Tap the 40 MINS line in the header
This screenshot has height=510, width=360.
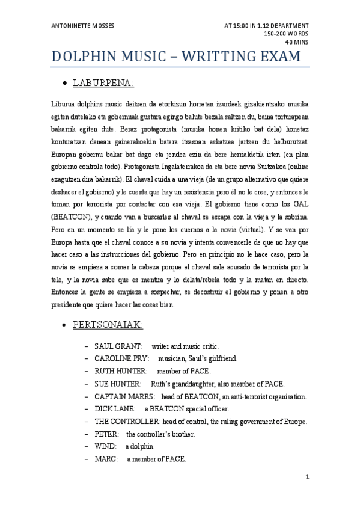297,43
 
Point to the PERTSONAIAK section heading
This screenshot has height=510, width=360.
108,325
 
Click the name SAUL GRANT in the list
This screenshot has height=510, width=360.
118,347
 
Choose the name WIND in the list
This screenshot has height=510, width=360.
105,447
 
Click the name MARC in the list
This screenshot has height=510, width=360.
105,459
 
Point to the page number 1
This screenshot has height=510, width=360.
307,477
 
